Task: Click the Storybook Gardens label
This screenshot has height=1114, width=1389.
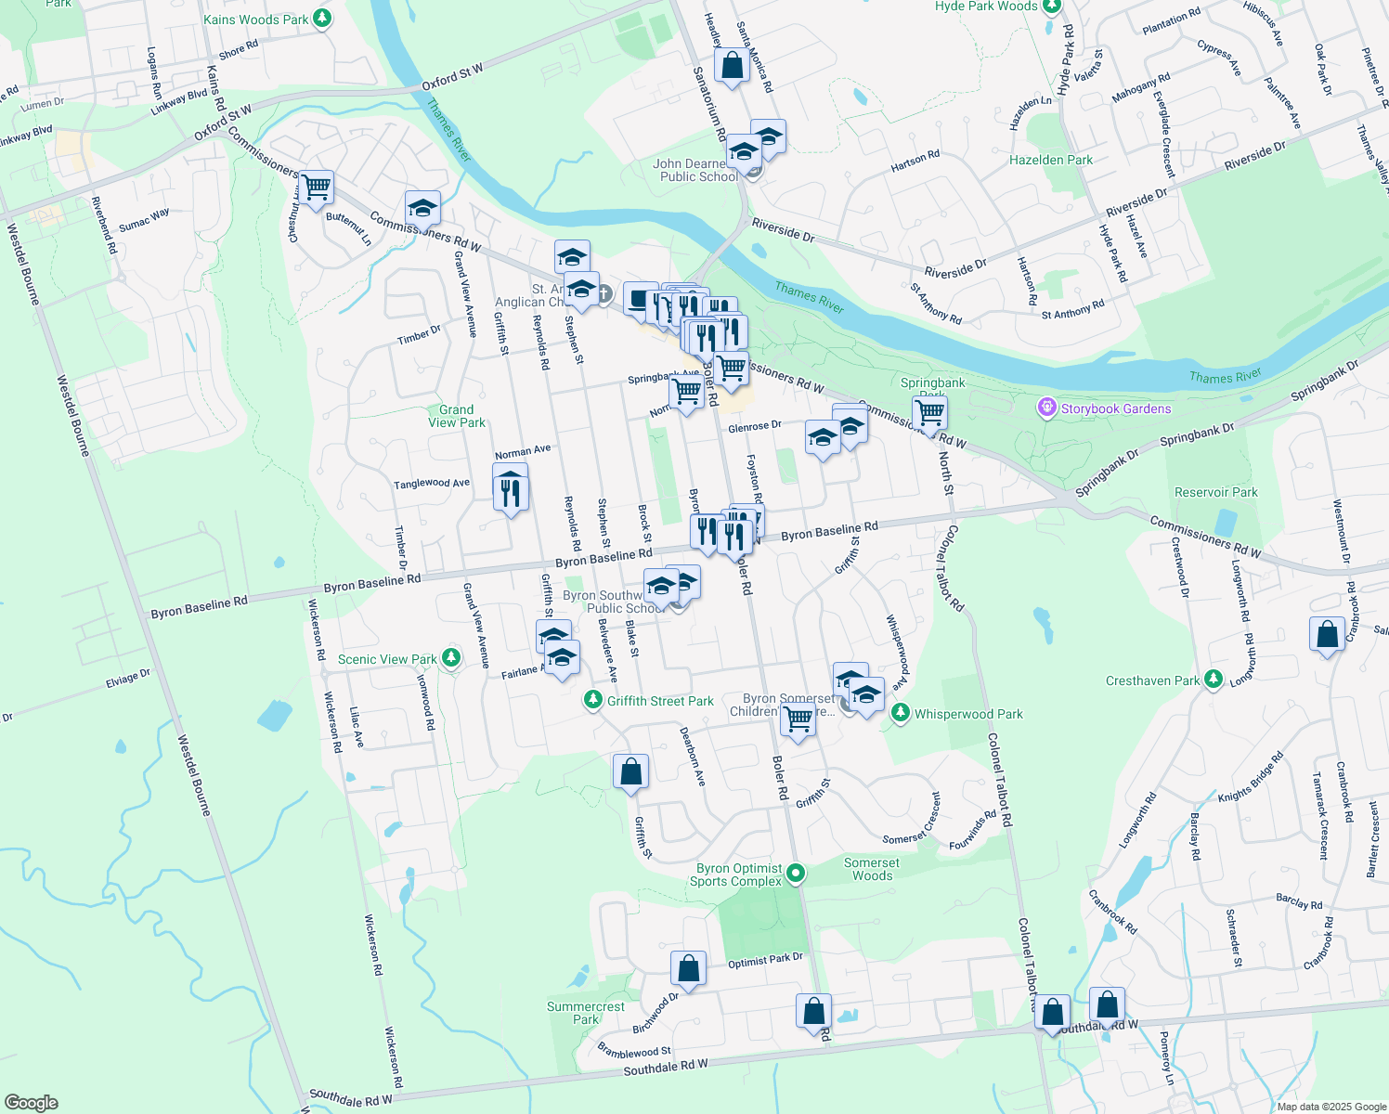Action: pos(1116,408)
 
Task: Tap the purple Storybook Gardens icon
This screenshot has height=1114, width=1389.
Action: pos(1047,408)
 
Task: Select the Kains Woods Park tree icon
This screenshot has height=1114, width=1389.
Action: pos(321,19)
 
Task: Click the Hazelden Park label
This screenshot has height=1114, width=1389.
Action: pos(1051,160)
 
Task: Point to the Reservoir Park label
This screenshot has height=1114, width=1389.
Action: pos(1216,492)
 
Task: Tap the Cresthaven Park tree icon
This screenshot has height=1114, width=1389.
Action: pos(1213,680)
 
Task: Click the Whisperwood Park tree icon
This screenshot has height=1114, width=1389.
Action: pos(900,713)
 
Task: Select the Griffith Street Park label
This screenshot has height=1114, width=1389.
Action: pos(660,701)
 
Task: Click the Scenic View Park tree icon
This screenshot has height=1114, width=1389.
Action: pos(451,658)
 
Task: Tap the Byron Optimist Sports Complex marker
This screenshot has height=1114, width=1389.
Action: pos(796,874)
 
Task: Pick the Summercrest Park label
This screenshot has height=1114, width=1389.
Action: pos(586,1013)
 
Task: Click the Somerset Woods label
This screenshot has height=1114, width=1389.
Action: pos(872,869)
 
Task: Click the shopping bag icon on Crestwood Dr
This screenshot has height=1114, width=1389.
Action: pos(1327,635)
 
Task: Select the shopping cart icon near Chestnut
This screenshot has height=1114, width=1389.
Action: pos(316,187)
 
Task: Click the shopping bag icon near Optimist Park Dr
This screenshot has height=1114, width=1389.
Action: pos(688,968)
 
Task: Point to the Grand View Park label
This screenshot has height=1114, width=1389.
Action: pos(457,416)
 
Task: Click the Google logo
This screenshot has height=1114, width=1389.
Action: pos(32,1102)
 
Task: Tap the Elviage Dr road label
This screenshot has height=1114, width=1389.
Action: pos(128,679)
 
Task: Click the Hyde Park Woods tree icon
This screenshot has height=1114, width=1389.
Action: pos(1051,6)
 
